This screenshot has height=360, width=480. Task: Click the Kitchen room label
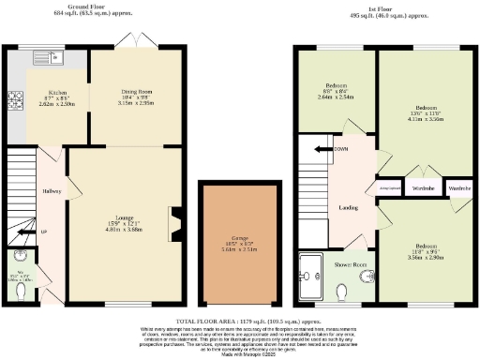pyautogui.click(x=45, y=93)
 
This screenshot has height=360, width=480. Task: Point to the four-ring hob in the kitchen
pyautogui.click(x=15, y=97)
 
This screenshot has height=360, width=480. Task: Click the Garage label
pyautogui.click(x=240, y=238)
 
